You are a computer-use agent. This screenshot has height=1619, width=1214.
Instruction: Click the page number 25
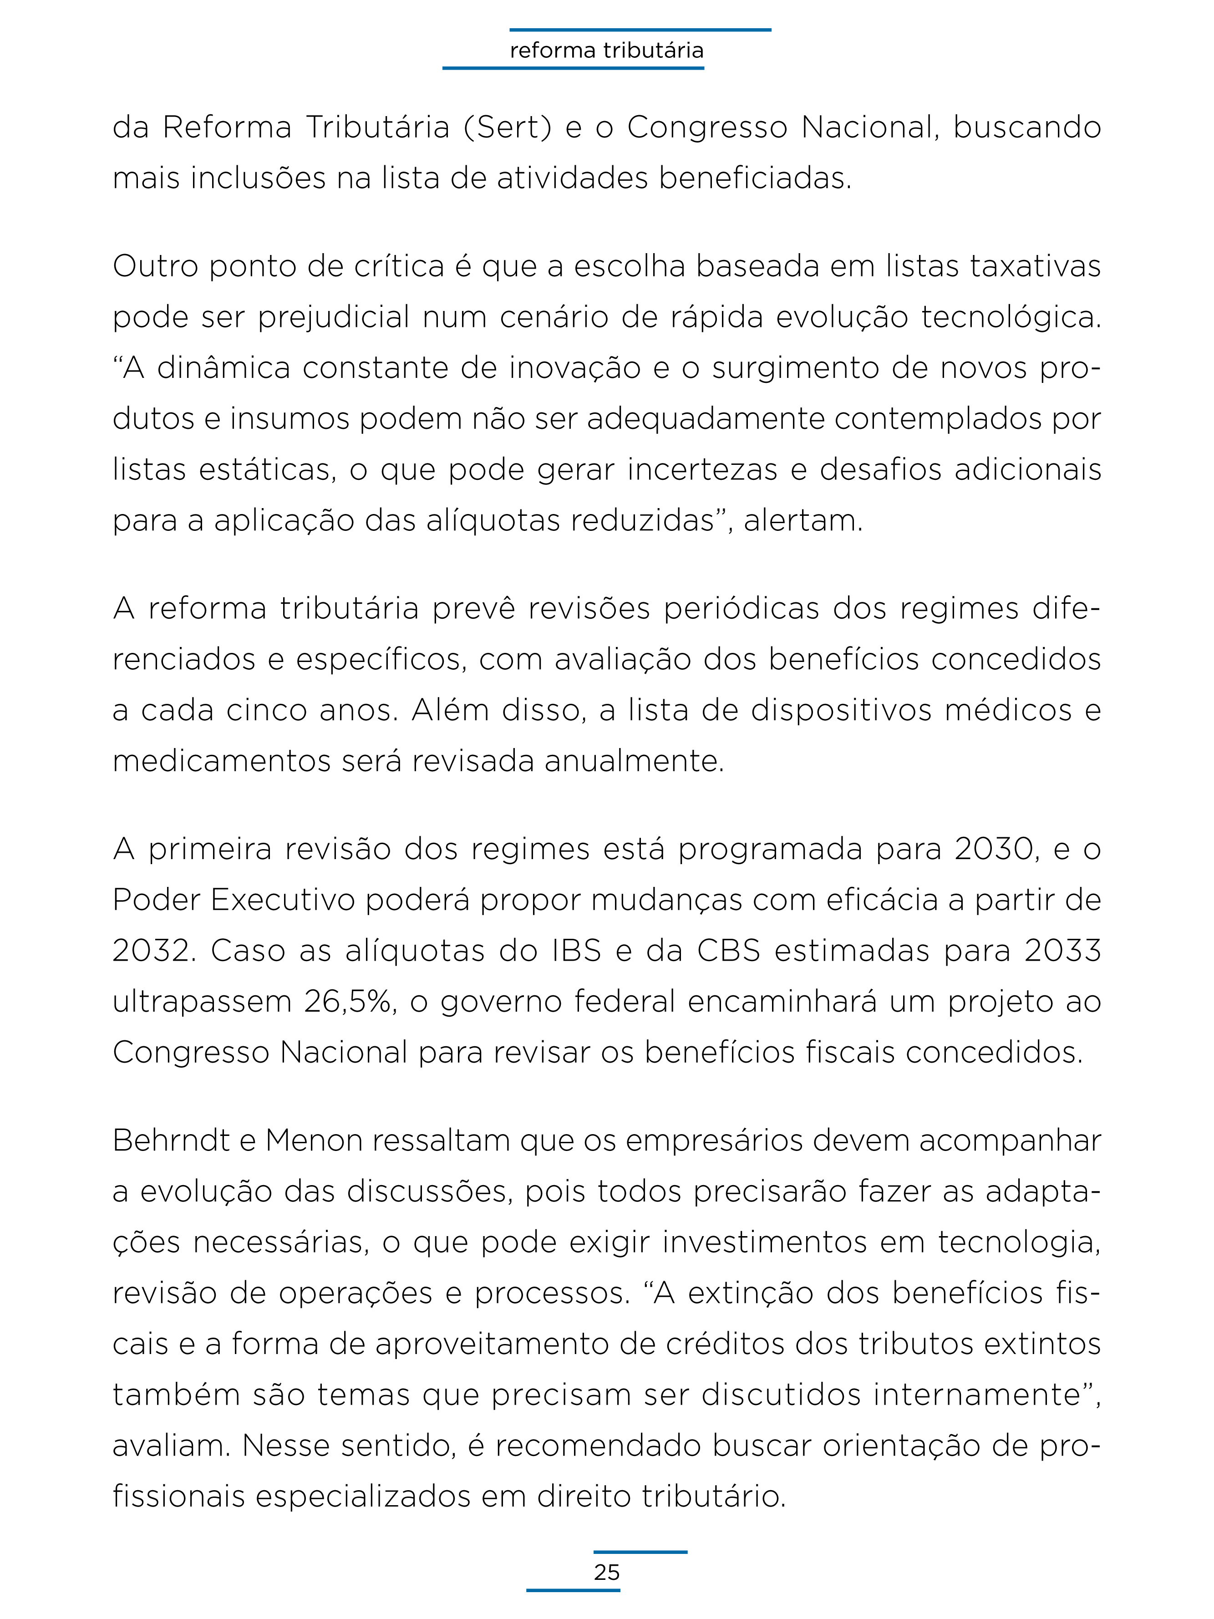click(x=607, y=1572)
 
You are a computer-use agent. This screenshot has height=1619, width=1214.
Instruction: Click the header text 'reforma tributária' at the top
click(x=607, y=51)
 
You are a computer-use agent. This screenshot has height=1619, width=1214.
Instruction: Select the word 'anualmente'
click(x=634, y=761)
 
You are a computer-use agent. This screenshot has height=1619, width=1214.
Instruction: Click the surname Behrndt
click(x=171, y=1141)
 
